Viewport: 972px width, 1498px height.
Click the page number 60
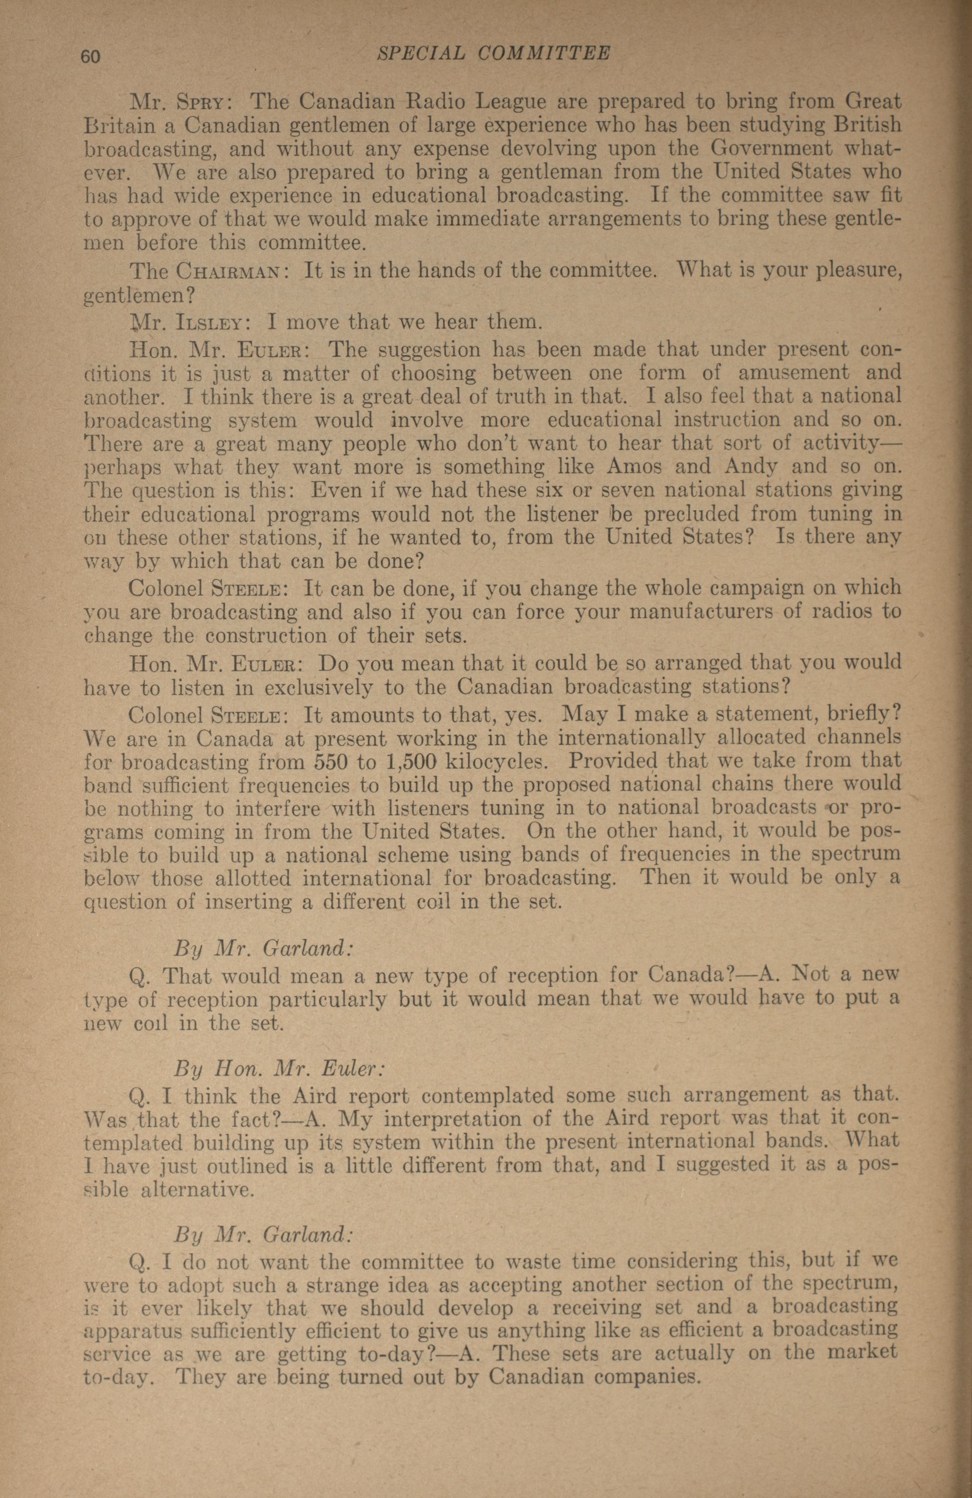(90, 56)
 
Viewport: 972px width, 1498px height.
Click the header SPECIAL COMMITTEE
(493, 54)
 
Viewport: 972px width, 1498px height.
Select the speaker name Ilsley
(211, 323)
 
